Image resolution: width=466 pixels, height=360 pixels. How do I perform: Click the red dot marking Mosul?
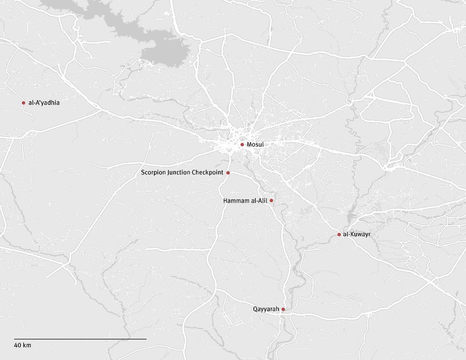[x=242, y=145]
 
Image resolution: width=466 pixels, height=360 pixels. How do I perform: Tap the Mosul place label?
[x=255, y=145]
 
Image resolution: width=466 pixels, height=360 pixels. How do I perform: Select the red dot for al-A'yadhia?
[x=23, y=103]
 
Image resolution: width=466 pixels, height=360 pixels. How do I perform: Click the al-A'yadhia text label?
[x=44, y=103]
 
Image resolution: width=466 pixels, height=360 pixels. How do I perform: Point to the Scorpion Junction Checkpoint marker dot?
[x=228, y=173]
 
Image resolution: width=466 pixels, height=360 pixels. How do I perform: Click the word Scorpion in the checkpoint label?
[x=153, y=173]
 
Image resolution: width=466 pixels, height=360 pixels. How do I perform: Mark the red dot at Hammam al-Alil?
[x=271, y=200]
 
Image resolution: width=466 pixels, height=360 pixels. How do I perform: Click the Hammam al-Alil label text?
[x=245, y=201]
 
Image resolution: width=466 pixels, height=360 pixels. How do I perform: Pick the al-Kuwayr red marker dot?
[x=339, y=234]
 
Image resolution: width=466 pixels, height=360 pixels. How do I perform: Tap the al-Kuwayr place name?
[x=357, y=234]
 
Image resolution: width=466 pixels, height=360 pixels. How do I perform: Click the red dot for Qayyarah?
[x=283, y=310]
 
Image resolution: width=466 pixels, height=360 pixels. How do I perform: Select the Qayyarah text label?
[x=266, y=309]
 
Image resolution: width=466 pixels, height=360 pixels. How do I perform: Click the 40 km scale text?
[x=23, y=345]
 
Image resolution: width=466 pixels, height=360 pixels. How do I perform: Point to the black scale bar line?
[x=80, y=339]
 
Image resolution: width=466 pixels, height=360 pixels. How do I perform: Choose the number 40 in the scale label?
[x=18, y=345]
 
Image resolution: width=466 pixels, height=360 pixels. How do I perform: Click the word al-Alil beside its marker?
[x=259, y=201]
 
